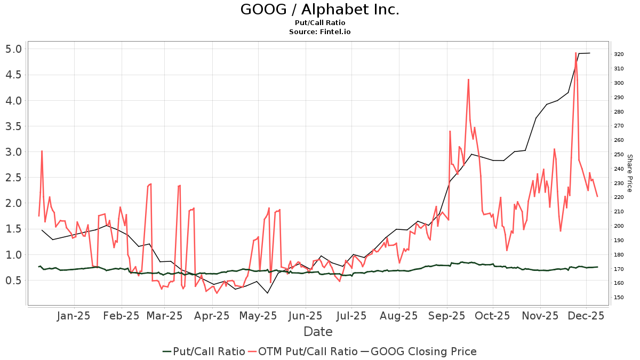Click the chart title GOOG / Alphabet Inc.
(x=319, y=10)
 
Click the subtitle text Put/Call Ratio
(x=319, y=23)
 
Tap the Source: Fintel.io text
(x=319, y=32)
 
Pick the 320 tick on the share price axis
(x=619, y=54)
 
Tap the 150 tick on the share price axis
(x=619, y=297)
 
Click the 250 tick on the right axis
(x=619, y=154)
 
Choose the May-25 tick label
(x=258, y=316)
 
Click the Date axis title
(x=318, y=332)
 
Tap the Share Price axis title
(x=629, y=173)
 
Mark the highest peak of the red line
(x=576, y=53)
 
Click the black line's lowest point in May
(x=267, y=293)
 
